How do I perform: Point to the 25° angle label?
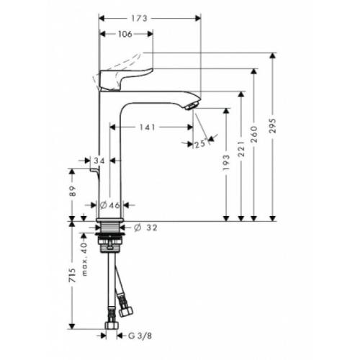tap(199, 144)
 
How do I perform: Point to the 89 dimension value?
tap(72, 192)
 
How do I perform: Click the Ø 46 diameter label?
tap(110, 206)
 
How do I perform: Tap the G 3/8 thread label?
tap(140, 335)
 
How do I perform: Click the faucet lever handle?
tap(126, 76)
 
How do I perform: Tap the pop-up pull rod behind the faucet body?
tap(94, 173)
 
